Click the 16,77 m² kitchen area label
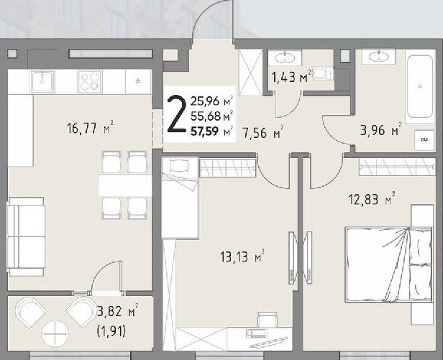coord(91,129)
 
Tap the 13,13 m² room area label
coord(242,257)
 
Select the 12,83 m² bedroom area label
coord(372,199)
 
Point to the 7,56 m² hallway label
coord(263,132)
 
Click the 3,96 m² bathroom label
coord(381,130)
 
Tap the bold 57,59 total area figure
coord(205,131)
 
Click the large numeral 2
coord(177,115)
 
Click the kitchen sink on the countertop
coord(42,81)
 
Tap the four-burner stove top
coord(90,81)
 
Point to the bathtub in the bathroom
coord(420,87)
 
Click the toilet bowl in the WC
coord(322,73)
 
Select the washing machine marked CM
coord(424,140)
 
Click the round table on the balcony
coord(55,334)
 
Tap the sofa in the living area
coord(26,236)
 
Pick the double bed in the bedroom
coord(389,264)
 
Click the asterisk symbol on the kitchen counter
coord(138,82)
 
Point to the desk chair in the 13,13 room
coord(268,319)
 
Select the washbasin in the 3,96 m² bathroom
coord(378,57)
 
